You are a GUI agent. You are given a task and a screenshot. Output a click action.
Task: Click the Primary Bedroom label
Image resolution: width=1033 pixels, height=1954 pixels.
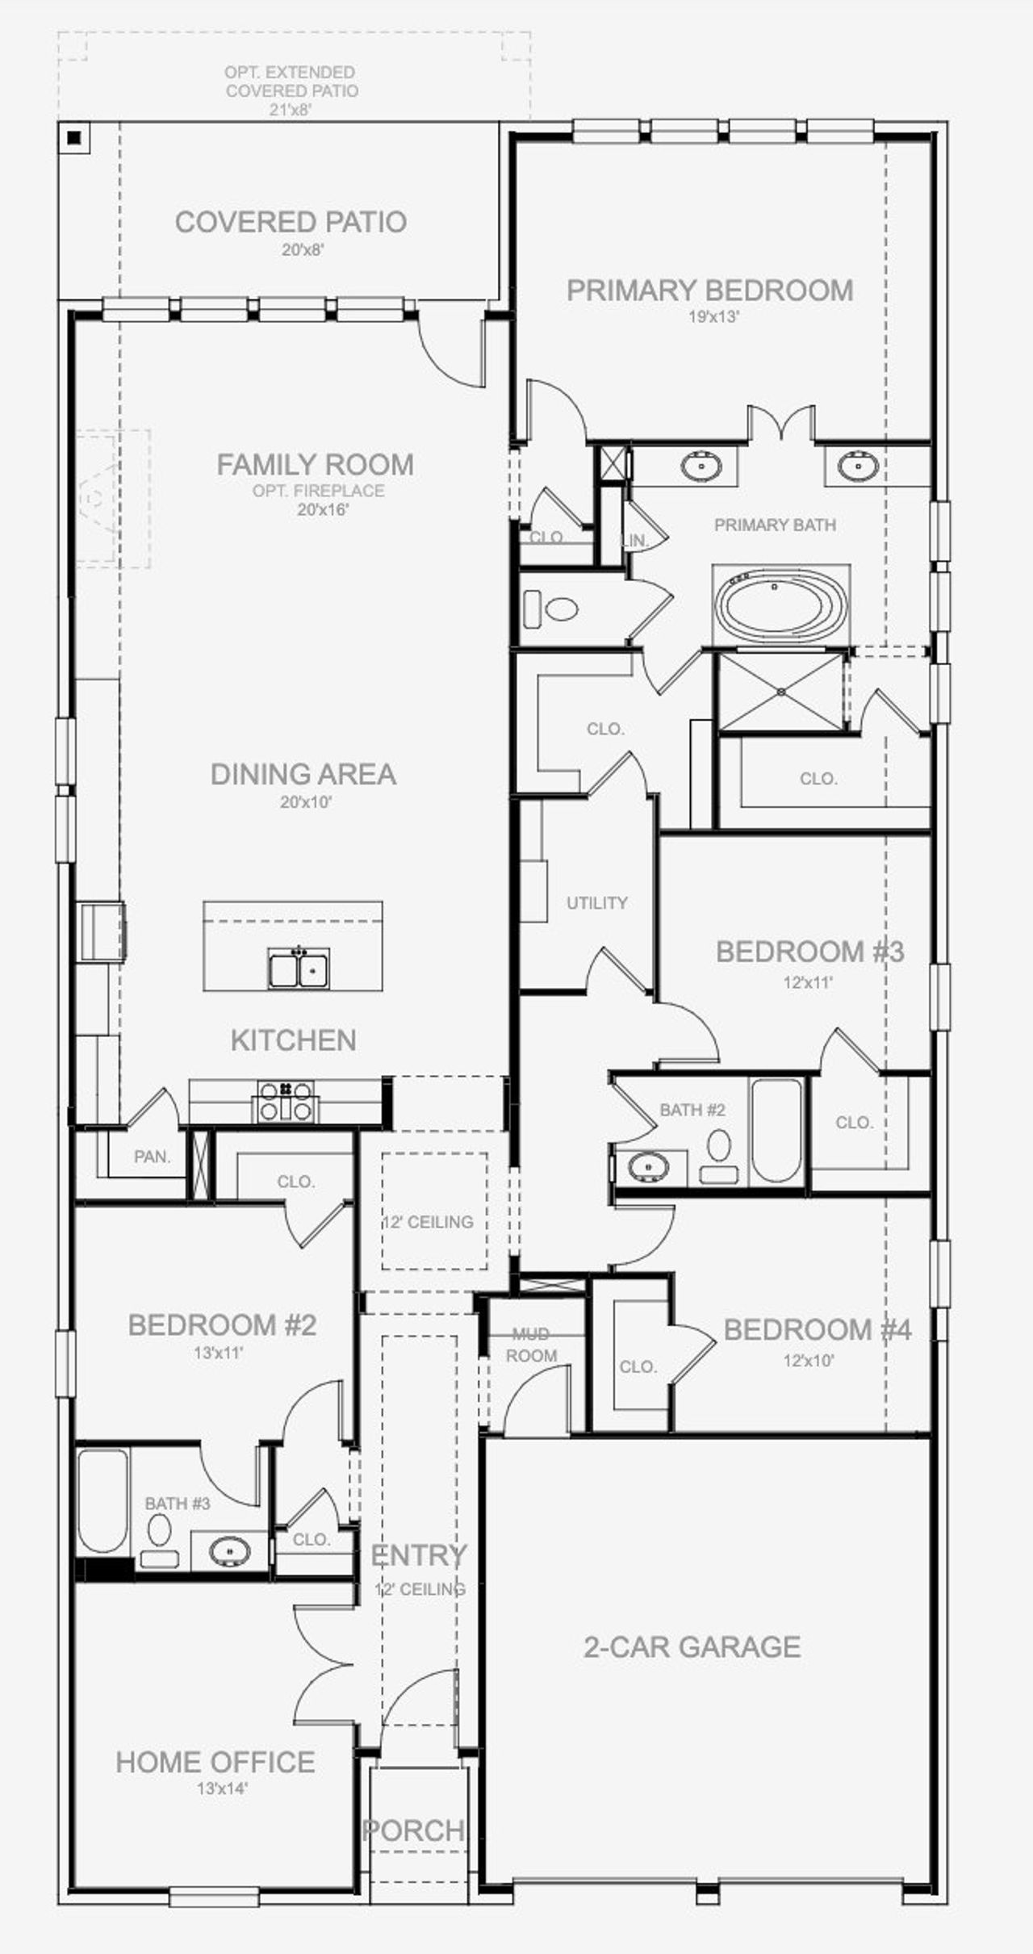coord(709,291)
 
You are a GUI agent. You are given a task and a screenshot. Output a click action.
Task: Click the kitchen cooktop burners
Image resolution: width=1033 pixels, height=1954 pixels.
coord(286,1101)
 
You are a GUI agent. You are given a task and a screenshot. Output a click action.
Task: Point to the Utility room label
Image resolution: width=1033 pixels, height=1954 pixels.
coord(596,903)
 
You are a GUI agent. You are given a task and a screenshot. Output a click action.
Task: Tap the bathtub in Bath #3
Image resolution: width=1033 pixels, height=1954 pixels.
coord(103,1500)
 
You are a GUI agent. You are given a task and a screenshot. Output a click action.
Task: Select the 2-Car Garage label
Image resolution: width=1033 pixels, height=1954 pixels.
coord(692,1646)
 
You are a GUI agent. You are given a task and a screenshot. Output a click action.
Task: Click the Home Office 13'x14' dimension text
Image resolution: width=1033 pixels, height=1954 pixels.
coord(222,1789)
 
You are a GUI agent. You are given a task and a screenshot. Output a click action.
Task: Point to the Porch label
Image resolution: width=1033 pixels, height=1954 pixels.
coord(413,1830)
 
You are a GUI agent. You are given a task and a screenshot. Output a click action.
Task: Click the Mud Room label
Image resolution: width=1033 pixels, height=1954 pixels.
coord(531,1345)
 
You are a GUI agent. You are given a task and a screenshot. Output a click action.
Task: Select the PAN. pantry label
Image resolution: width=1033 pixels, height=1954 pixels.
coord(152,1157)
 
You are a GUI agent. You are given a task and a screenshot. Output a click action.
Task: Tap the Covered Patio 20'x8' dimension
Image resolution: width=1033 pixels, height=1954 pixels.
coord(303,250)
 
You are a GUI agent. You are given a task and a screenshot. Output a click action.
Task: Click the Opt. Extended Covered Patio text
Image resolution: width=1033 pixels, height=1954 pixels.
coord(291,82)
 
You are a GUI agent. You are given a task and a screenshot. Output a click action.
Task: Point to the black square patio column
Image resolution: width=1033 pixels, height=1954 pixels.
coord(74,138)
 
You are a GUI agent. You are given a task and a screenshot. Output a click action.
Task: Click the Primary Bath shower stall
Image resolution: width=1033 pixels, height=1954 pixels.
coord(781,692)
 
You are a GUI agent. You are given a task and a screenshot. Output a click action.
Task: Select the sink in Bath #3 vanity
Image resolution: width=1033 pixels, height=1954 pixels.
coord(229,1550)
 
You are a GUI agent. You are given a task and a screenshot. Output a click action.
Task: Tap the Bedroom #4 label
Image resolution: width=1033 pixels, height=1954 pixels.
coord(817,1330)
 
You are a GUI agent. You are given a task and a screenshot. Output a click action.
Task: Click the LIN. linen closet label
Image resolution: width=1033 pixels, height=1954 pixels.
coord(637,541)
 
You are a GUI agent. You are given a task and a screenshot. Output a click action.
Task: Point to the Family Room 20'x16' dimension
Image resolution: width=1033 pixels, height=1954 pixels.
coord(322,510)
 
